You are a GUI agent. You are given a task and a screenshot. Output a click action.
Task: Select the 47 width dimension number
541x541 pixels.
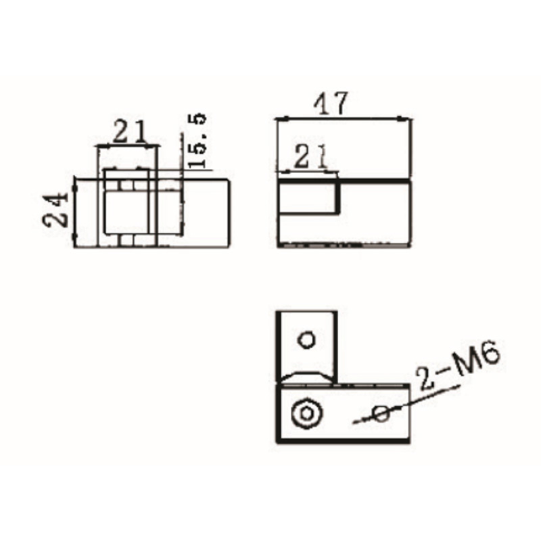[331, 103]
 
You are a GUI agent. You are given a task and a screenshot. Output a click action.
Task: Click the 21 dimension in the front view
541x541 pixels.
[129, 131]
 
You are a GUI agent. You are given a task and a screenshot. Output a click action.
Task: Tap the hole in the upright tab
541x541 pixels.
[307, 339]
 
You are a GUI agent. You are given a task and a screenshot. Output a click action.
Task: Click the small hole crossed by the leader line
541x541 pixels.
[381, 414]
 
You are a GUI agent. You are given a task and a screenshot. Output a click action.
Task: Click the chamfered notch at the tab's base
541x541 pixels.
[308, 376]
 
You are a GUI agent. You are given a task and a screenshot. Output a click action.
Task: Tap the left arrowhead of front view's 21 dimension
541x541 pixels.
[101, 145]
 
